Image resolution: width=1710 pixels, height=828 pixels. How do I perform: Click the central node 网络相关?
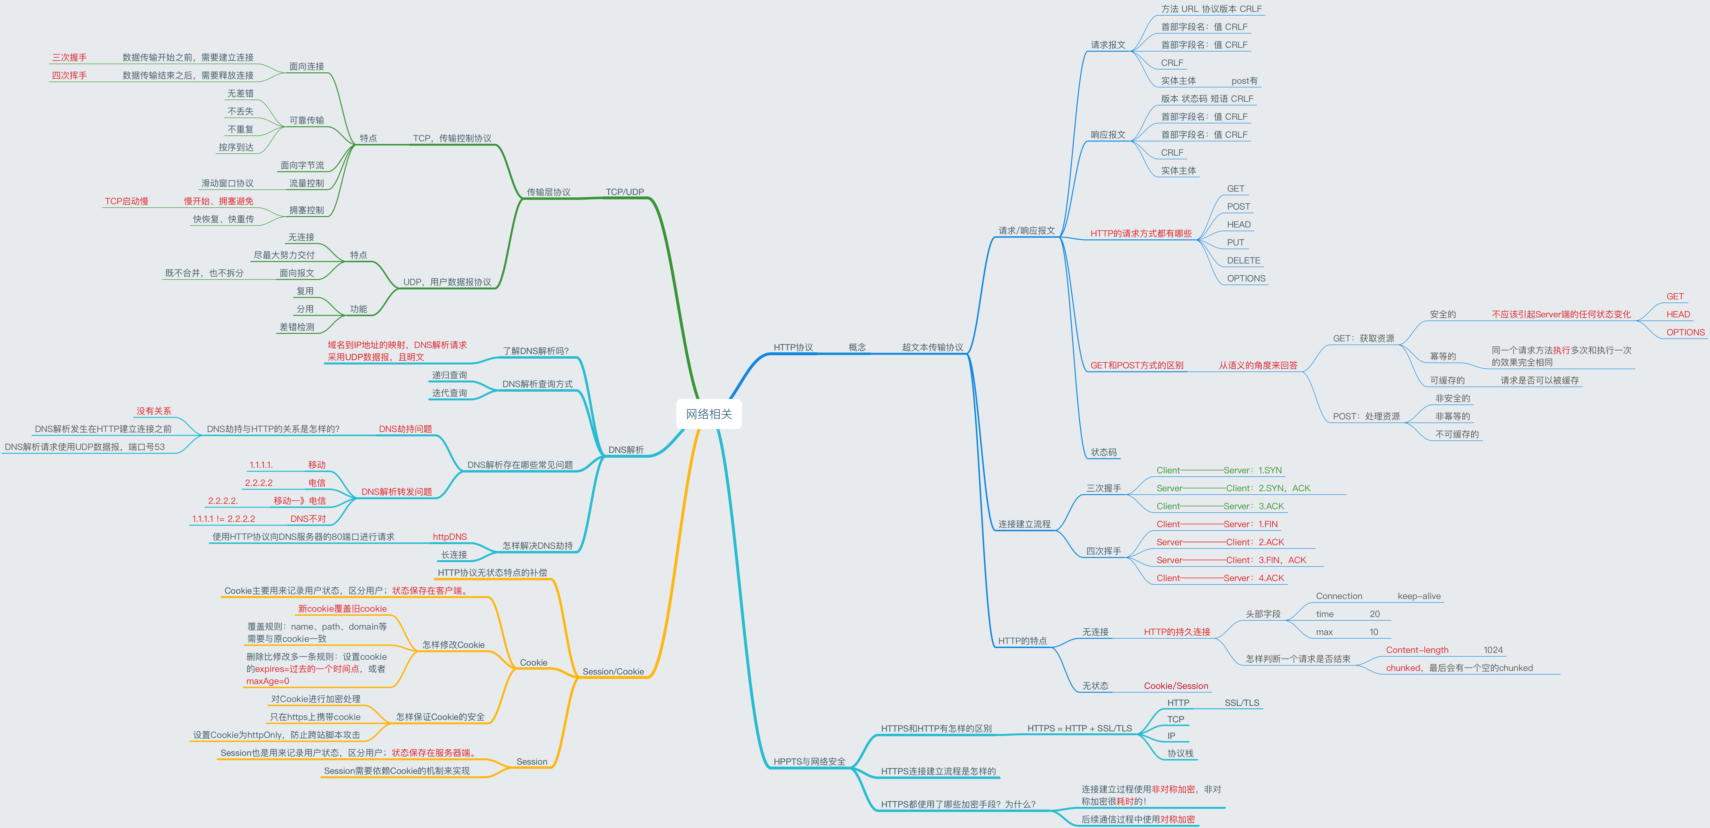coord(708,414)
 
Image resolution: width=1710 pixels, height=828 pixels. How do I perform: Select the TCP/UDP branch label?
coord(624,192)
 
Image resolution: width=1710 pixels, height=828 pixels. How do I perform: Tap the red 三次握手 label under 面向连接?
coord(69,58)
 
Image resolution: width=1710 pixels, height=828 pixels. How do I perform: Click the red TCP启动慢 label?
coord(126,201)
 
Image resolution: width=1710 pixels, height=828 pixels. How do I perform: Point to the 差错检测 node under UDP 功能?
coord(297,327)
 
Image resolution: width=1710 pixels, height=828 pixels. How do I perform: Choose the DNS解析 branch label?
coord(625,450)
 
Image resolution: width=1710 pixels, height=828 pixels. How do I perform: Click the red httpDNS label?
coord(449,537)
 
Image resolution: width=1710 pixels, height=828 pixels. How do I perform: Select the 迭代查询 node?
coord(449,393)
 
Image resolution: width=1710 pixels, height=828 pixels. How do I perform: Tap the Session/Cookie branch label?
coord(613,671)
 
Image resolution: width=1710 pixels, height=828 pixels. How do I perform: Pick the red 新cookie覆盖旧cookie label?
coord(342,608)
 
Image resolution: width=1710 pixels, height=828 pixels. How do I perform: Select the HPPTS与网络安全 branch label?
coord(809,762)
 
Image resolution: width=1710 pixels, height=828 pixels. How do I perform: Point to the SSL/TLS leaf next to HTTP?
coord(1241,703)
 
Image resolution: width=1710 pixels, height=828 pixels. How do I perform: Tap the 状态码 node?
coord(1103,452)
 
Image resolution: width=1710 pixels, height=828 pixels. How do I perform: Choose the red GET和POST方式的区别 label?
coord(1136,366)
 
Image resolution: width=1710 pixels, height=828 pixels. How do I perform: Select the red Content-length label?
coord(1417,650)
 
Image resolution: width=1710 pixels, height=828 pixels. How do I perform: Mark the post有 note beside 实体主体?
coord(1244,81)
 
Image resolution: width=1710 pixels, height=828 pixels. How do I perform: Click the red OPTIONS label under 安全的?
coord(1685,332)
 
